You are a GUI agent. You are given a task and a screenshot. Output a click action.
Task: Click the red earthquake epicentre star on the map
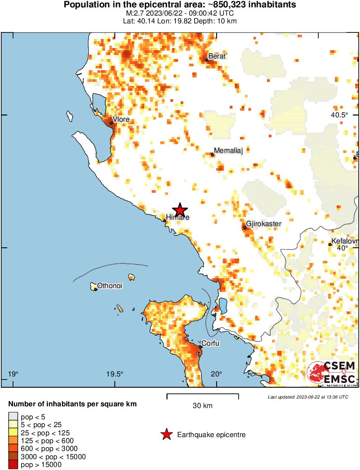coord(179,210)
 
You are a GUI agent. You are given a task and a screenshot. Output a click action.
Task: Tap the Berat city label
coord(217,56)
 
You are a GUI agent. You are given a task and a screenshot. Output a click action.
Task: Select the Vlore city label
coord(121,120)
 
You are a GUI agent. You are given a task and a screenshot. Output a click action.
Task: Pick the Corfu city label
coord(211,344)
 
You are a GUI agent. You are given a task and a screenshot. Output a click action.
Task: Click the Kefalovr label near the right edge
coord(344,241)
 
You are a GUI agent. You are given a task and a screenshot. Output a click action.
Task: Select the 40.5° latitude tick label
coord(340,115)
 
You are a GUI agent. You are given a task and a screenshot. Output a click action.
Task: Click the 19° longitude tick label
coord(13,374)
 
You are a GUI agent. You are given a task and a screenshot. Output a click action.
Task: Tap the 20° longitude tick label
coord(217,374)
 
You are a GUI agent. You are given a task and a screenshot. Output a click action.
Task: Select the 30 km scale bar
coord(203,395)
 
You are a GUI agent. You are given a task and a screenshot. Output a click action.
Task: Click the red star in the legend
coord(166,434)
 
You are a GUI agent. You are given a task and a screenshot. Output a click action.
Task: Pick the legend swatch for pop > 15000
coord(13,464)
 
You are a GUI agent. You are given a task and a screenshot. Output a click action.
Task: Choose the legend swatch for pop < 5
coord(13,417)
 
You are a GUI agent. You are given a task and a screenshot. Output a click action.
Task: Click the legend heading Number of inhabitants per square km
coord(72,404)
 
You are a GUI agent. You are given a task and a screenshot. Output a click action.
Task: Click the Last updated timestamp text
coord(308,397)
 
